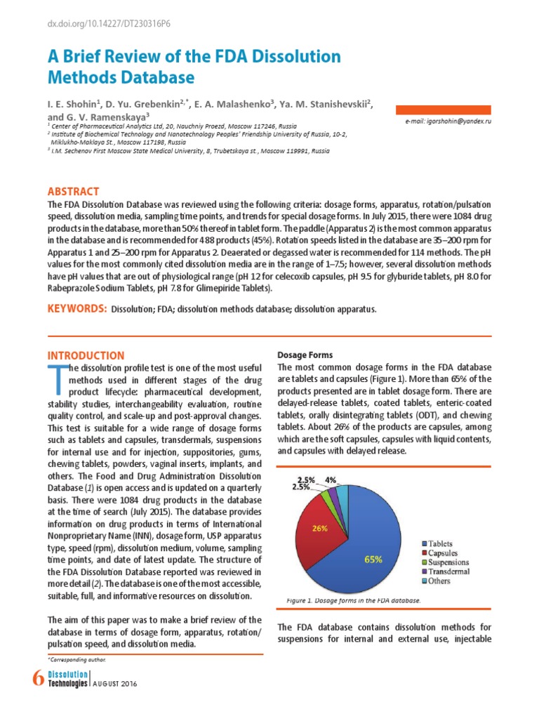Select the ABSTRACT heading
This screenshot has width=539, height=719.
tap(73, 192)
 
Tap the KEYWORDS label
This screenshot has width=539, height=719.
tap(76, 309)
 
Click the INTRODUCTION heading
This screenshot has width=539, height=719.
tap(85, 355)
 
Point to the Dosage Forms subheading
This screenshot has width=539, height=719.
tap(305, 355)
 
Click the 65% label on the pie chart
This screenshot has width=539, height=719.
tap(373, 560)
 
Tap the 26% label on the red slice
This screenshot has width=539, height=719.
tap(320, 529)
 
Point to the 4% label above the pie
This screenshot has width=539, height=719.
tap(331, 480)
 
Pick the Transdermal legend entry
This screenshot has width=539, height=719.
tap(446, 572)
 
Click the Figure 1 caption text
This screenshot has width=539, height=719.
tap(353, 601)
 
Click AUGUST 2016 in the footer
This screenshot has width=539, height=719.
tap(116, 683)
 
